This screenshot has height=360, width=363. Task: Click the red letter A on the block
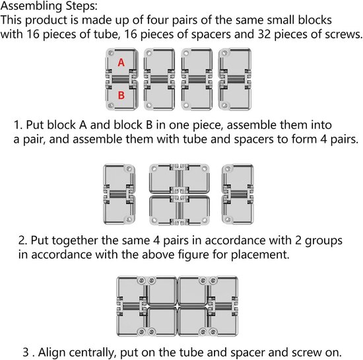(121, 63)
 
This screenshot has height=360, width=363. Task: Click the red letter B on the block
(121, 95)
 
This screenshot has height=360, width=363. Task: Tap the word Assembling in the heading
(31, 6)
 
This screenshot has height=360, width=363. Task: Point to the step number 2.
(22, 240)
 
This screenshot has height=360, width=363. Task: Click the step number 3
(26, 352)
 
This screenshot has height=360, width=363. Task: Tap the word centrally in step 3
(92, 353)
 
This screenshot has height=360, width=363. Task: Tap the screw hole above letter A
(111, 53)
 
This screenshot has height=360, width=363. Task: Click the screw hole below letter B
(111, 106)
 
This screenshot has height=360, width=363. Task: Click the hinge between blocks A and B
(121, 79)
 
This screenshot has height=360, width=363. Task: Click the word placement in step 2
(260, 255)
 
